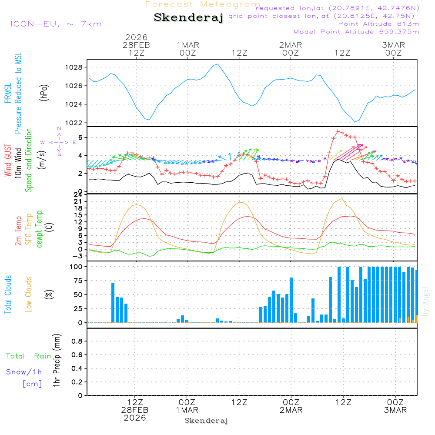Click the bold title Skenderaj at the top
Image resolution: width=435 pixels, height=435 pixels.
pos(188,18)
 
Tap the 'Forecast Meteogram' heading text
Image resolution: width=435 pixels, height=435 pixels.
pos(203,5)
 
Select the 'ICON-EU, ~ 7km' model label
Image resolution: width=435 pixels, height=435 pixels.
pos(56,24)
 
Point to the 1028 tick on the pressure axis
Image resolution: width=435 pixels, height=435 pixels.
pos(75,67)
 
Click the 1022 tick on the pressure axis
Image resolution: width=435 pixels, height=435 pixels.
pos(75,123)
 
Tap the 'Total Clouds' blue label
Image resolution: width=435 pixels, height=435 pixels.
pos(8,294)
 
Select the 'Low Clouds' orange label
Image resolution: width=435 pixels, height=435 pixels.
pos(29,294)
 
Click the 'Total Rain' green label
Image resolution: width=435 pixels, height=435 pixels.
pos(28,356)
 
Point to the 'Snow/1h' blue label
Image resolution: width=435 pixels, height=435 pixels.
pos(24,372)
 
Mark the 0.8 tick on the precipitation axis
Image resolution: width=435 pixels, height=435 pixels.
pos(77,341)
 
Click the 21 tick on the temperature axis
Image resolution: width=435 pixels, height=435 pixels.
pos(80,201)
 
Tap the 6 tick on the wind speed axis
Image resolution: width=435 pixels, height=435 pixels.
pos(80,137)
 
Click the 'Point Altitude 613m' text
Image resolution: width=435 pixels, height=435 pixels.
pos(378,24)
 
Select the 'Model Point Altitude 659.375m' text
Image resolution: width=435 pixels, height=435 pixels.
pos(356,32)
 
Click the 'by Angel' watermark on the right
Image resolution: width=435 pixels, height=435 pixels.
pos(425,301)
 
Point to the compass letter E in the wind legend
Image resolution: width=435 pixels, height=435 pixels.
pos(74,142)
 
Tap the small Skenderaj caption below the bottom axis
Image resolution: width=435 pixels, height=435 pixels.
pos(206,421)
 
